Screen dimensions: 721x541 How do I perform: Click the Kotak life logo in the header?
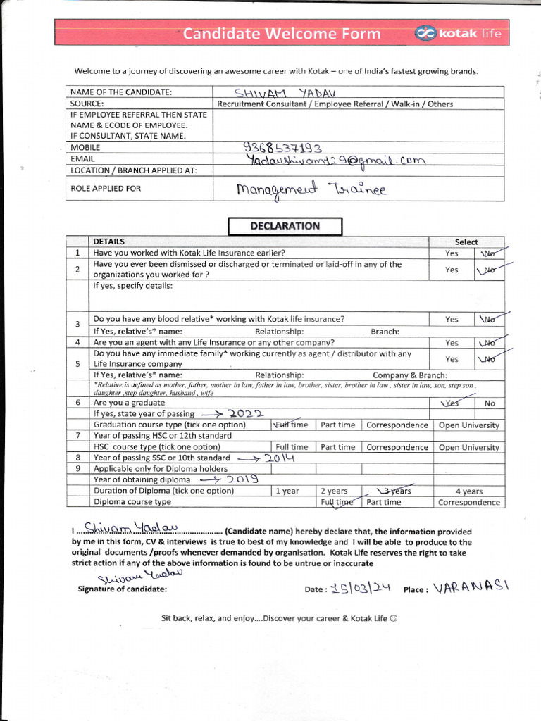click(x=459, y=33)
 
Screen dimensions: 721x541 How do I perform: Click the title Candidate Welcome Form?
click(x=282, y=34)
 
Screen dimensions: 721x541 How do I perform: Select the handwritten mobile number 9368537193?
click(x=282, y=148)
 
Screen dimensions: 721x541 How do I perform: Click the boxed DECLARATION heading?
click(x=285, y=226)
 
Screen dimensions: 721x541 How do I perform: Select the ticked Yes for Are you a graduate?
click(x=450, y=403)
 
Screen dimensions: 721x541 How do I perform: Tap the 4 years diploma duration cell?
click(x=468, y=491)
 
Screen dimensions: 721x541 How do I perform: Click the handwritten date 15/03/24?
click(x=360, y=589)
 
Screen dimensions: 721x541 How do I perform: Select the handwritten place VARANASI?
click(x=471, y=588)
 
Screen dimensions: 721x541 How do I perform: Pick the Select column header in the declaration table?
click(x=466, y=242)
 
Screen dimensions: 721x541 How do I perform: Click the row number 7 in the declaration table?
click(x=77, y=436)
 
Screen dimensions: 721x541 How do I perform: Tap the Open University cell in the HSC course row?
click(x=468, y=447)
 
